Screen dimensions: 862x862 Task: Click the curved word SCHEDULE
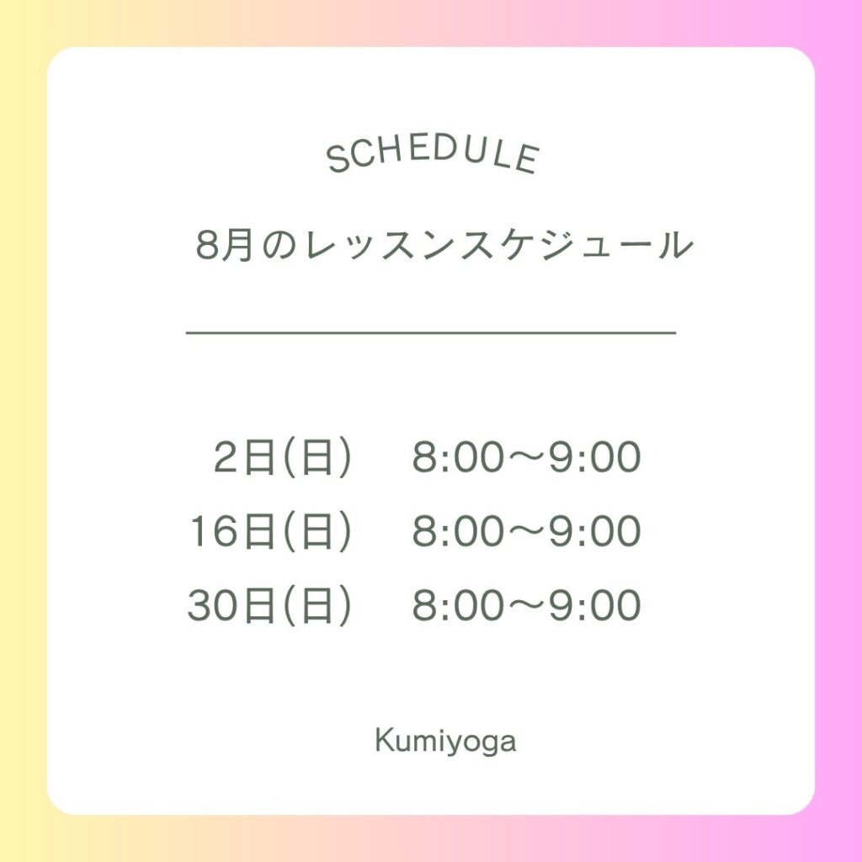[433, 156]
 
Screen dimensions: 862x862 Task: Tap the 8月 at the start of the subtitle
[224, 245]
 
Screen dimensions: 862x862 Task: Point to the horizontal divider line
[431, 333]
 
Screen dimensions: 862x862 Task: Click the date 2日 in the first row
[244, 457]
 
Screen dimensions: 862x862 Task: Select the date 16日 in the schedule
[232, 531]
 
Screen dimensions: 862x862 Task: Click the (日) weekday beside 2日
[317, 457]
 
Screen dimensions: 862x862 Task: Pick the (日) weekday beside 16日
[317, 531]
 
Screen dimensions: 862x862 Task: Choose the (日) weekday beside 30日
[317, 605]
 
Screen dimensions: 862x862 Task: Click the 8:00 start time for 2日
[458, 457]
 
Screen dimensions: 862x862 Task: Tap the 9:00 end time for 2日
[595, 457]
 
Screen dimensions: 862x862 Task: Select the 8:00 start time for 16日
[458, 531]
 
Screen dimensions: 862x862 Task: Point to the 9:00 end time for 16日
[595, 531]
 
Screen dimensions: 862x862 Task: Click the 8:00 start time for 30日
[458, 605]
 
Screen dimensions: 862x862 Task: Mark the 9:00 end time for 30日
[595, 605]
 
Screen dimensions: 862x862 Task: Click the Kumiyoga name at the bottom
[446, 742]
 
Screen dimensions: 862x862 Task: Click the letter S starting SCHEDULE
[338, 160]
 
